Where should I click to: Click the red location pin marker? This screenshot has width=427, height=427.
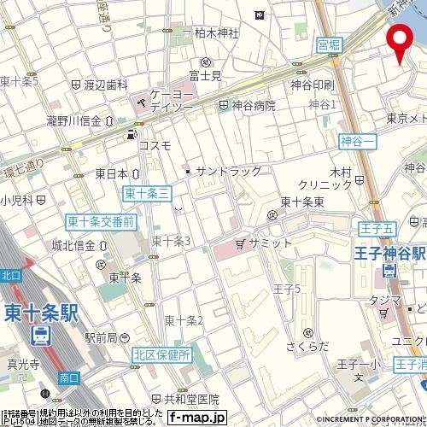point(398,42)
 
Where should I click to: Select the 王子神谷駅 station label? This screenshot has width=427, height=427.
point(390,254)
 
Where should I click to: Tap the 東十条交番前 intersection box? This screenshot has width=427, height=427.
point(101,222)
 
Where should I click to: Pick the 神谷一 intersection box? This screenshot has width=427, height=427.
point(357,139)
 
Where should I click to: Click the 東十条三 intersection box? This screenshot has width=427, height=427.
point(147,194)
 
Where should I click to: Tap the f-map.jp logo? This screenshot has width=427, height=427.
point(196,418)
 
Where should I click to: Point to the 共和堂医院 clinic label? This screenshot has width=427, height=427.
point(190,399)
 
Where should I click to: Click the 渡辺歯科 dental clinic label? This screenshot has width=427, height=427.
point(106,85)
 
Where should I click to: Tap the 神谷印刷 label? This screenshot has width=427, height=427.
point(311,85)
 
